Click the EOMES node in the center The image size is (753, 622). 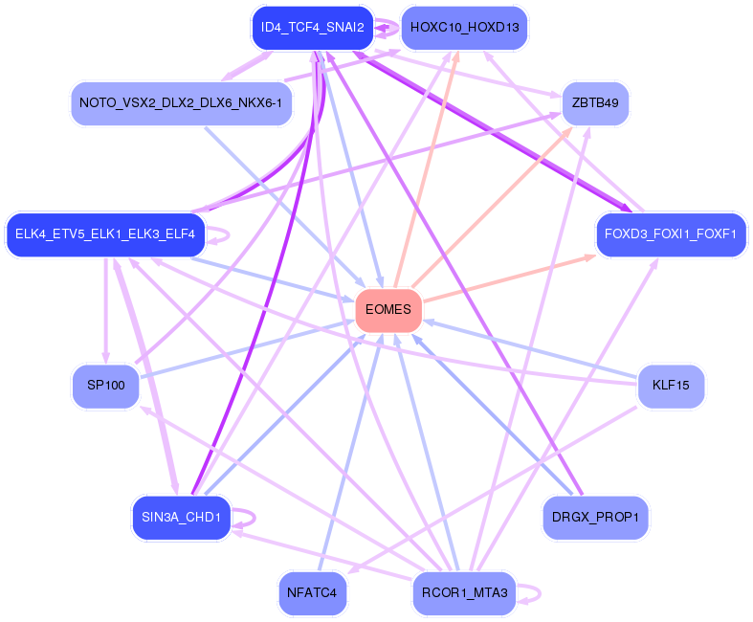pos(388,310)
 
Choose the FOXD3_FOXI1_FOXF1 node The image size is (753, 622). pos(670,234)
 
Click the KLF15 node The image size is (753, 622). pos(671,386)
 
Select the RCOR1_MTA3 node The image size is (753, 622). pos(464,594)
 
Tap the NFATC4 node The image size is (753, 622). pos(313,593)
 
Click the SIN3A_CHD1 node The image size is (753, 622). pos(181,518)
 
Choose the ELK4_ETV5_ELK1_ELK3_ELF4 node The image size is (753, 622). pos(105,234)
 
